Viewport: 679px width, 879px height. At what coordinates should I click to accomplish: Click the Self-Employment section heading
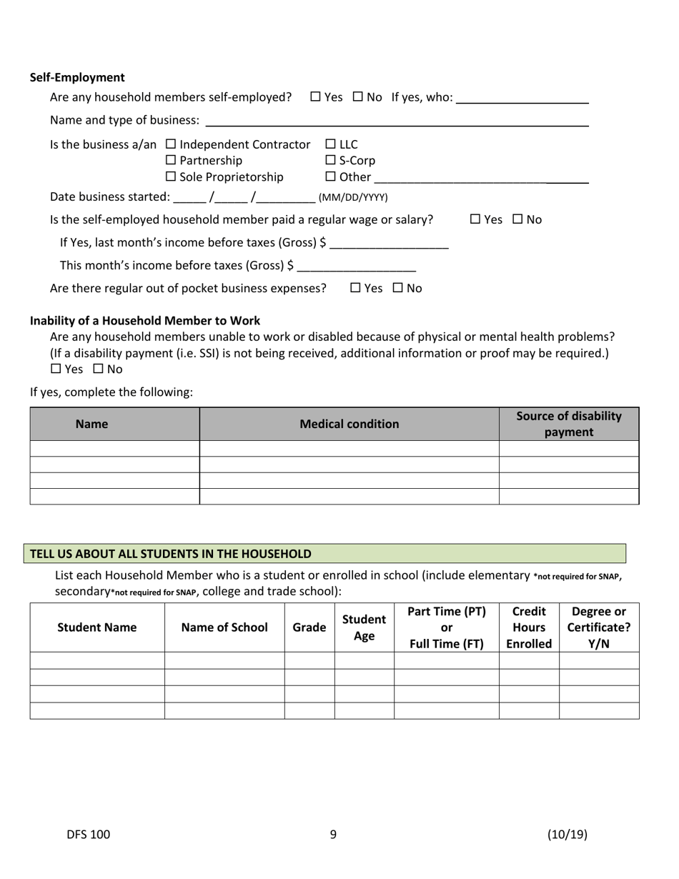click(77, 77)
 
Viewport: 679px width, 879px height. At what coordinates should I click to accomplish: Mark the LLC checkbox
click(330, 144)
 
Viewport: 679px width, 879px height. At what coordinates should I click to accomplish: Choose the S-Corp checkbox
click(330, 160)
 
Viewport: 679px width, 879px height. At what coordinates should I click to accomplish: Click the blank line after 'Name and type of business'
click(397, 121)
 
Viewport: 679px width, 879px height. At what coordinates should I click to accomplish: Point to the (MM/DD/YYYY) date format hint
click(353, 197)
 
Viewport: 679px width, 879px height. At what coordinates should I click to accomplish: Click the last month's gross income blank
click(390, 243)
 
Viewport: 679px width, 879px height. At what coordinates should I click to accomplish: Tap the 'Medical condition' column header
click(349, 424)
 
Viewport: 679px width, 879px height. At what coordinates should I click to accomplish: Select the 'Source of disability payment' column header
click(568, 424)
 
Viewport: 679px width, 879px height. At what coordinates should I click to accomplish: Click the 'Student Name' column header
click(96, 627)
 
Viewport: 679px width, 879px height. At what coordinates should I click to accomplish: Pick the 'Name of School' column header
click(224, 627)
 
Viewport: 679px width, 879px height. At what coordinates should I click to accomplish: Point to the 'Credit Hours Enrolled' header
click(529, 627)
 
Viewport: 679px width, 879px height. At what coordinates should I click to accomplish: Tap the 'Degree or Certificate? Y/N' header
click(598, 627)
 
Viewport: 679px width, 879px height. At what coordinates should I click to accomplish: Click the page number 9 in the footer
click(333, 834)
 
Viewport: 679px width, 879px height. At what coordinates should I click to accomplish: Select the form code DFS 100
click(89, 834)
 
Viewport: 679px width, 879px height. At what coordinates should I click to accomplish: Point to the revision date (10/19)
click(568, 834)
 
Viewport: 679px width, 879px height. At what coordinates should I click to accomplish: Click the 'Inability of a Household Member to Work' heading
click(145, 321)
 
